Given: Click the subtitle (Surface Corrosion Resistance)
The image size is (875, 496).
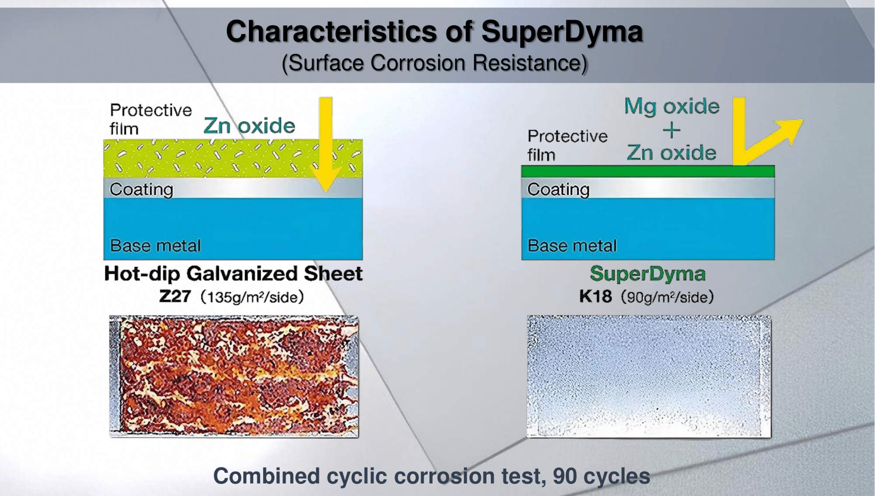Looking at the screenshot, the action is pos(434,63).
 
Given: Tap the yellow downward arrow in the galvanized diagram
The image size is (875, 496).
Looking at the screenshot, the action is pos(326,144).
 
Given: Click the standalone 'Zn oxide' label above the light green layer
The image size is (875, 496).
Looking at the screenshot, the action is pos(249,126).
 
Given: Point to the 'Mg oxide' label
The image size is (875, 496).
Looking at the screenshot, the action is pos(672,106).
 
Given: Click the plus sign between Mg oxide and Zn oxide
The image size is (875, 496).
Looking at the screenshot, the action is pos(672,130).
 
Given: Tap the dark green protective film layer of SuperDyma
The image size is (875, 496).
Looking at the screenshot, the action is pos(648,171).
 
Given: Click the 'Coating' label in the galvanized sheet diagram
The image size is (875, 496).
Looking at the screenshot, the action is pos(141,190).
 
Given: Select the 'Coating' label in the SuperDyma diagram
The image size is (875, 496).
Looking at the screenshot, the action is pos(558,190).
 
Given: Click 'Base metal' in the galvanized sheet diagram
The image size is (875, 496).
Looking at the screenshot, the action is pos(155,246).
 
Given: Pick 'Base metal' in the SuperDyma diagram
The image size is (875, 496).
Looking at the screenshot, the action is pos(572,246).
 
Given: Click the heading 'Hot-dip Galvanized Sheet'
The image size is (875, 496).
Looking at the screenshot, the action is pos(233,274).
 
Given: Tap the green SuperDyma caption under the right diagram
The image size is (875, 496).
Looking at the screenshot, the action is pos(648,274).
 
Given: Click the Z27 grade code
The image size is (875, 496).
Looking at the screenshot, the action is pos(175,297).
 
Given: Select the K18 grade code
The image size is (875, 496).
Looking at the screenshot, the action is pos(595,297).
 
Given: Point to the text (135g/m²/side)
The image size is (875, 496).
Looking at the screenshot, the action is pos(252,297).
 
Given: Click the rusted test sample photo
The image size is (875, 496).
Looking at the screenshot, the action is pos(234,376).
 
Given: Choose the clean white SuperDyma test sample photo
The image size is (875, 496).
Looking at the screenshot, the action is pos(649,376).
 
